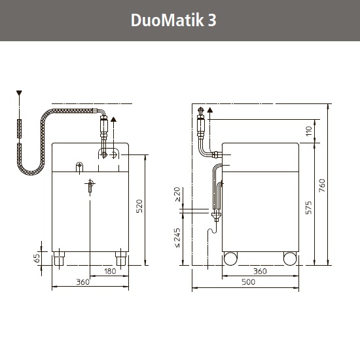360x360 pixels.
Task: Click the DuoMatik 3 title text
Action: coord(173,20)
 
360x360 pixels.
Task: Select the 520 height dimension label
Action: coord(139,206)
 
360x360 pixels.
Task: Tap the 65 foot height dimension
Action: coord(37,258)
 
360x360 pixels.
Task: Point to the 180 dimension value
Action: coord(110,272)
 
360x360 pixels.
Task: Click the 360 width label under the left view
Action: coord(82,282)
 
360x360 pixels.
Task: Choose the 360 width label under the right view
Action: coord(260,272)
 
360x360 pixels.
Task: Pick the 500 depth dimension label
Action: coord(249,282)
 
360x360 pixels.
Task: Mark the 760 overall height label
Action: coord(322,185)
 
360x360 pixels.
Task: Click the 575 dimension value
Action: coord(308,207)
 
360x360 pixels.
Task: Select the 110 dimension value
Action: coord(309,131)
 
